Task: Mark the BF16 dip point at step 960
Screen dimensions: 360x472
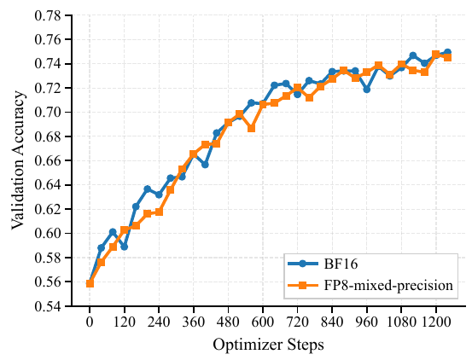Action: (x=367, y=89)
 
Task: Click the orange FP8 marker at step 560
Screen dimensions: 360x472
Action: (x=251, y=128)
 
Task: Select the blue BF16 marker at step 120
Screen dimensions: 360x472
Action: (x=125, y=246)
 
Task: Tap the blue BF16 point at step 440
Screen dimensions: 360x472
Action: (x=217, y=133)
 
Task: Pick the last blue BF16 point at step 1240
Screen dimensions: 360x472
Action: (x=447, y=53)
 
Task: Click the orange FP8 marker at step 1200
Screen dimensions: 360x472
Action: (x=436, y=55)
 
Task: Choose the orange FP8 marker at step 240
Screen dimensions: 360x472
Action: (x=159, y=212)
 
